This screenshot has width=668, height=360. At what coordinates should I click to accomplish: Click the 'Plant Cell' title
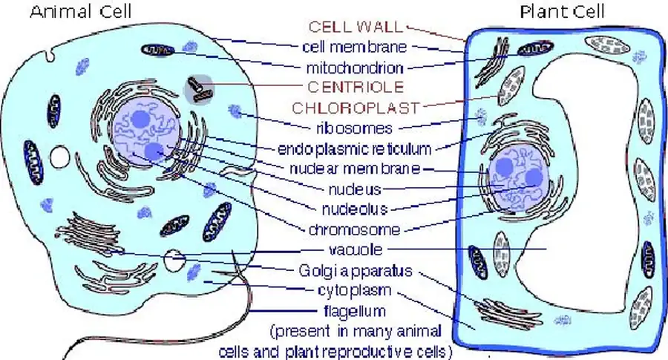pyautogui.click(x=563, y=10)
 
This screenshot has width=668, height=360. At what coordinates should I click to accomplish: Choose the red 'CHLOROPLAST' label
pyautogui.click(x=355, y=107)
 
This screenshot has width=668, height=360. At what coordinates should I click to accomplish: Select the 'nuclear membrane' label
pyautogui.click(x=355, y=168)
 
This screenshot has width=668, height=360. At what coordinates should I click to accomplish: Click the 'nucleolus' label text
pyautogui.click(x=355, y=208)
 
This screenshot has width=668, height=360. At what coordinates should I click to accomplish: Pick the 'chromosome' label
pyautogui.click(x=355, y=229)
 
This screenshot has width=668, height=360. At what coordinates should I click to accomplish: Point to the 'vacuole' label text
pyautogui.click(x=355, y=249)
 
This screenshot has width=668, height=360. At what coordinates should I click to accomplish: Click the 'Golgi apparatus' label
pyautogui.click(x=355, y=271)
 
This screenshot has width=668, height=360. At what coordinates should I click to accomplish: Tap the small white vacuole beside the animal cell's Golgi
pyautogui.click(x=174, y=261)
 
